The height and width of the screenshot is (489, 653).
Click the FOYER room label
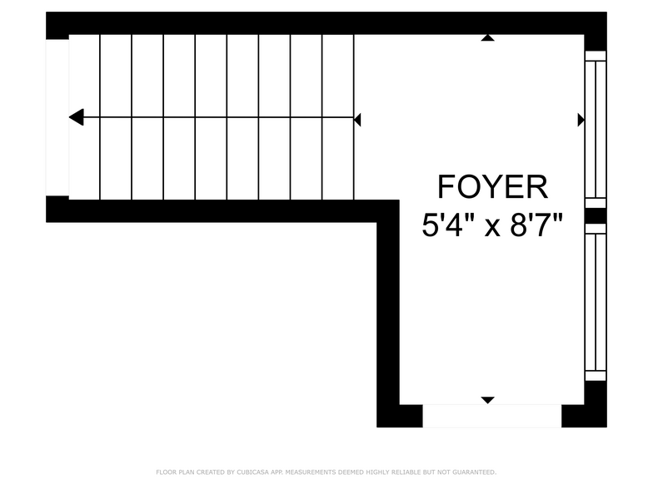point(492,187)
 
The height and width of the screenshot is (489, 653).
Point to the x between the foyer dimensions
point(492,228)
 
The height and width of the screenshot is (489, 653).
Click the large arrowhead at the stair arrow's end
point(76,117)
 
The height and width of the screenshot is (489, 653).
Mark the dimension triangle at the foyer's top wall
point(488,38)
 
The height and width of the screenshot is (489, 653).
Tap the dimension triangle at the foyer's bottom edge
point(488,401)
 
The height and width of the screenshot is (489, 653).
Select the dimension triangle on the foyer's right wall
point(581,120)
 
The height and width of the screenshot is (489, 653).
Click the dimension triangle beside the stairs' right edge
point(357,120)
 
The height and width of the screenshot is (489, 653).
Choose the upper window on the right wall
point(596,130)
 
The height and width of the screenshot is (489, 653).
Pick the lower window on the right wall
point(596,302)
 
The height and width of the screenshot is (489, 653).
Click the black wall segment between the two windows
point(596,216)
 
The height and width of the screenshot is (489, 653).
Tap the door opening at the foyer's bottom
point(492,416)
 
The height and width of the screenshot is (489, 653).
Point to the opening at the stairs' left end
point(57,118)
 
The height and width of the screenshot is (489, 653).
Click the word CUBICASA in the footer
point(253,472)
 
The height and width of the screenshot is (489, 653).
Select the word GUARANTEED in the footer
point(475,472)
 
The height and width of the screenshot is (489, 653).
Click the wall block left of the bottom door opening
point(400,416)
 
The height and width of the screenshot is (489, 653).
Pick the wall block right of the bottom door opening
point(584,416)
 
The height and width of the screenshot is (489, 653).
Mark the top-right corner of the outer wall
point(606,12)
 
